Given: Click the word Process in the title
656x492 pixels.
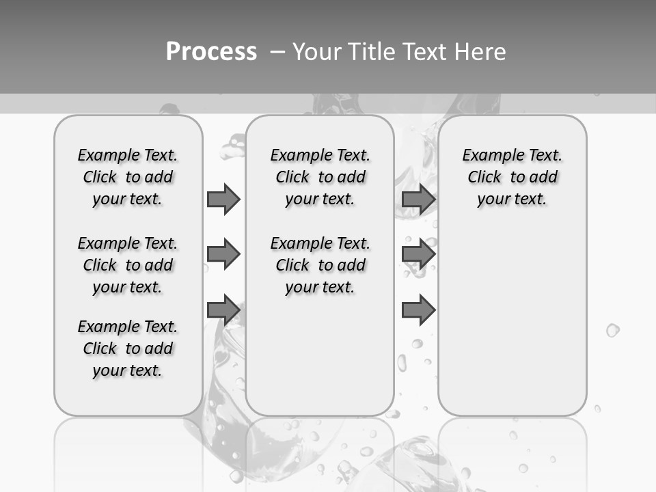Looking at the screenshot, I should pos(211,51).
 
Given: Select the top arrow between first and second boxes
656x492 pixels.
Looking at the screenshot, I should pos(223,199).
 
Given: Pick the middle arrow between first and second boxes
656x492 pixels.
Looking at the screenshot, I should pos(223,254).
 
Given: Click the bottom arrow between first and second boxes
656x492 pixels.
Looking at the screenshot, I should pos(223,310).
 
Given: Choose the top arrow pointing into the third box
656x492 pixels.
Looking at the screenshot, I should pos(418,199).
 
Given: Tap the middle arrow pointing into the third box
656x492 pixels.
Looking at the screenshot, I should pos(418,254).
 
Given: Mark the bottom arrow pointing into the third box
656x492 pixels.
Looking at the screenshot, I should pos(418,310).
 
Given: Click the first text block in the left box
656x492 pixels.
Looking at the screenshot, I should pos(128,177).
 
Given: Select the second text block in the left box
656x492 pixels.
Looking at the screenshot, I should pos(128,265).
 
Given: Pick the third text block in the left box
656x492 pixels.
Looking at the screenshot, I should pos(128,348).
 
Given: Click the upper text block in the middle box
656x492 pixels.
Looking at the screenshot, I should pos(320,177).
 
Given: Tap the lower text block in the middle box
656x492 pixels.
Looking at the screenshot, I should pos(320,265).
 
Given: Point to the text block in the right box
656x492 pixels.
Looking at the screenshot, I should pos(512,177).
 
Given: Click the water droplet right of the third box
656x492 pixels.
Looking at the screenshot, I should pos(612,331).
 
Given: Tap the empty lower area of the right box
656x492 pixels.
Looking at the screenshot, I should pos(512,321).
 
